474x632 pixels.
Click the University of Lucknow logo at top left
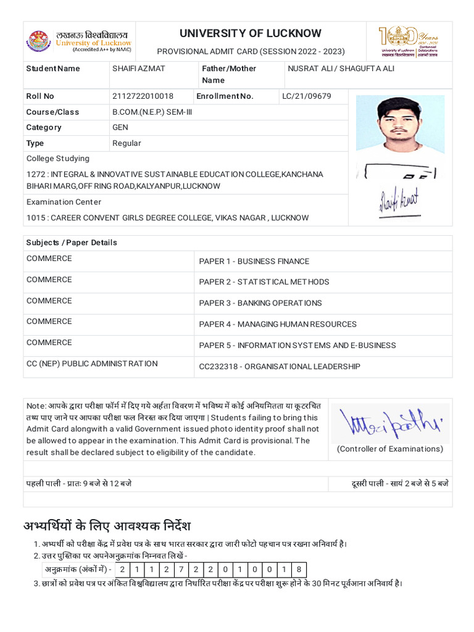tap(39, 41)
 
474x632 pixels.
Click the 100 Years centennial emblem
tap(406, 41)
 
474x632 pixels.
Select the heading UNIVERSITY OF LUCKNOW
tap(251, 33)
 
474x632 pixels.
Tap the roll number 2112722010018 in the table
tap(143, 96)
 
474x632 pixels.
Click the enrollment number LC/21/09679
tap(307, 96)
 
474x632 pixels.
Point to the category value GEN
tap(120, 127)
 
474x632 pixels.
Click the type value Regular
tap(127, 143)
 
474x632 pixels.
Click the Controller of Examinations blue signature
tap(389, 423)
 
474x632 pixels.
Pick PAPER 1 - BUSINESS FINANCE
tap(254, 262)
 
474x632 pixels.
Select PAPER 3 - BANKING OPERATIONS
tap(260, 303)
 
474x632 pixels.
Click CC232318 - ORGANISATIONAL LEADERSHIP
tap(279, 367)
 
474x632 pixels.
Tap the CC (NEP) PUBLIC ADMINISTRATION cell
tap(92, 364)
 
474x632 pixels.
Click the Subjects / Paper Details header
tap(72, 243)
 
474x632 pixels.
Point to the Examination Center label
tap(64, 202)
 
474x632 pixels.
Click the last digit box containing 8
tap(299, 570)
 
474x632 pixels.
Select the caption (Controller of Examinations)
tap(389, 449)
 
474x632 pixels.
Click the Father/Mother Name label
tap(228, 74)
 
